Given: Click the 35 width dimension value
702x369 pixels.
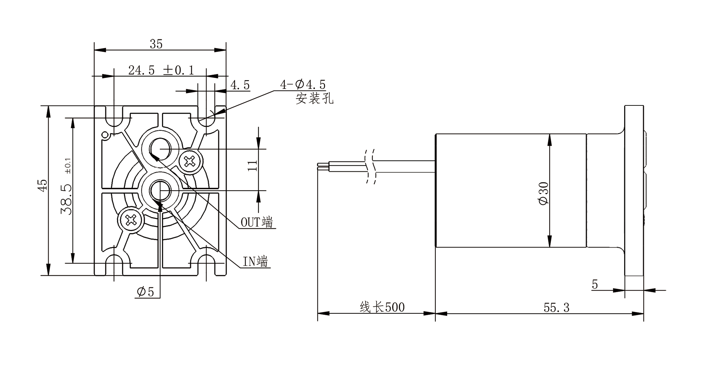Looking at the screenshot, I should pos(156,44).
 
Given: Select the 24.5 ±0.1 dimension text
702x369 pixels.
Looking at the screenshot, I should pos(161,70).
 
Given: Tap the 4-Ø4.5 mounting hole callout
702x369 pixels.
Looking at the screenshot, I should pos(303,85).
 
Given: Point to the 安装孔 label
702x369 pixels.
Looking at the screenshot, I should pos(314,98).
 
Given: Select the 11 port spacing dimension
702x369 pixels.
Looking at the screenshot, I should pos(253,166).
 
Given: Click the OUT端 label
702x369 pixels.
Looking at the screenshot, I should pos(257,222).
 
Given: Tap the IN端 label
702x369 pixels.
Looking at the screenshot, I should pos(255,261).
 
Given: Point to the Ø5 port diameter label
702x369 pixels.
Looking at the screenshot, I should pos(146,292).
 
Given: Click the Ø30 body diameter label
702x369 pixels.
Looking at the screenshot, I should pos(544,193).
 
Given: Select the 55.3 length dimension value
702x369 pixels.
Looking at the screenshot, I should pos(556,307).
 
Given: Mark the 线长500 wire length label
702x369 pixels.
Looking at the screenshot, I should pos(382,307).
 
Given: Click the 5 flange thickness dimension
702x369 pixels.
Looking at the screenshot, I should pos(595,284).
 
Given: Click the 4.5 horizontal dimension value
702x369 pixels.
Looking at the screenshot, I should pos(240,85).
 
